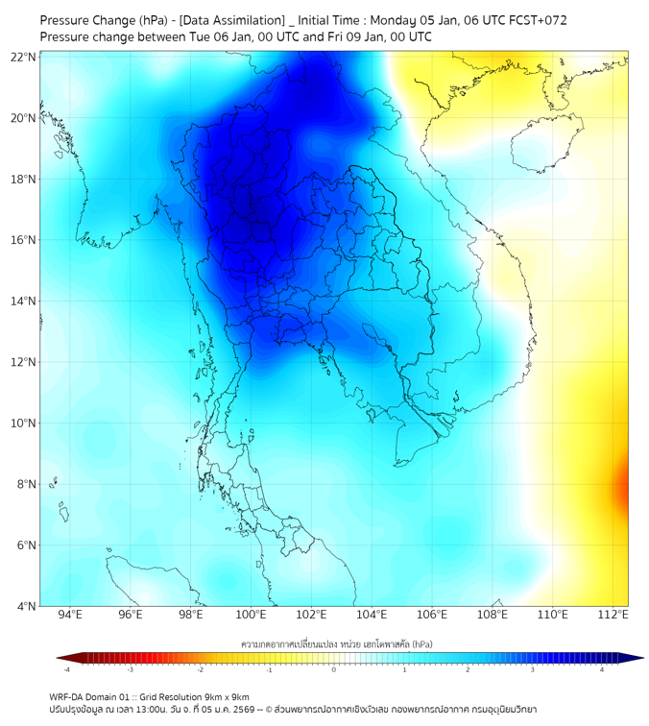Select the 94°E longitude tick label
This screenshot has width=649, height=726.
[70, 615]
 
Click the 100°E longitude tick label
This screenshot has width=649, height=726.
[251, 615]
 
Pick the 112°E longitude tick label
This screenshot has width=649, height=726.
[613, 615]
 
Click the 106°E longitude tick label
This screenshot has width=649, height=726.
[432, 615]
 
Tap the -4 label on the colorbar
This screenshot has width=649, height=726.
[66, 669]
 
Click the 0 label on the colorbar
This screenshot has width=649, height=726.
[334, 669]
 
